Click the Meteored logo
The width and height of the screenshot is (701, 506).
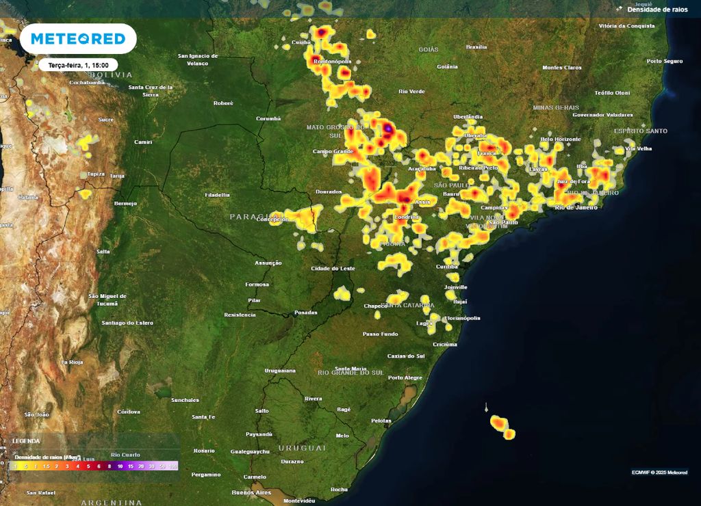[x=78, y=39]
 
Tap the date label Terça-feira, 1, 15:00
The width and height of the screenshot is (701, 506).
[x=78, y=65]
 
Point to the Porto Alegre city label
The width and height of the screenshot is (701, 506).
[x=405, y=377]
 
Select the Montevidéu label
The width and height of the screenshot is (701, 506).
[x=299, y=501]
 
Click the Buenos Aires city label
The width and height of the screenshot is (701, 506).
[x=252, y=492]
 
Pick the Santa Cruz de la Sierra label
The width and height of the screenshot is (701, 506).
[x=151, y=90]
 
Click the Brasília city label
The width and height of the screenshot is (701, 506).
[x=476, y=47]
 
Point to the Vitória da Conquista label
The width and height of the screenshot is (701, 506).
[x=626, y=26]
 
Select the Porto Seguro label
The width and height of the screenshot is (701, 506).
[x=665, y=61]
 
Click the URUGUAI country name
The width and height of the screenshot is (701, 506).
[x=302, y=447]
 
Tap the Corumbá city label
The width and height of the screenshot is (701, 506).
[x=268, y=118]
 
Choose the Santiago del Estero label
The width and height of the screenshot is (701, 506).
[x=127, y=323]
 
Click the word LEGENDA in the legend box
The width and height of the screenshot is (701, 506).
[x=27, y=441]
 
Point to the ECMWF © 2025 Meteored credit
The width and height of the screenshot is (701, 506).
[x=659, y=472]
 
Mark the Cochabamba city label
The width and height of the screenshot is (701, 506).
[x=88, y=82]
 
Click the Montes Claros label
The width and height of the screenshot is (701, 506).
[x=561, y=68]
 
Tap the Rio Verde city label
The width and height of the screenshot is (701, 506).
[x=411, y=91]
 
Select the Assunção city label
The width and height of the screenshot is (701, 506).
[x=268, y=263]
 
